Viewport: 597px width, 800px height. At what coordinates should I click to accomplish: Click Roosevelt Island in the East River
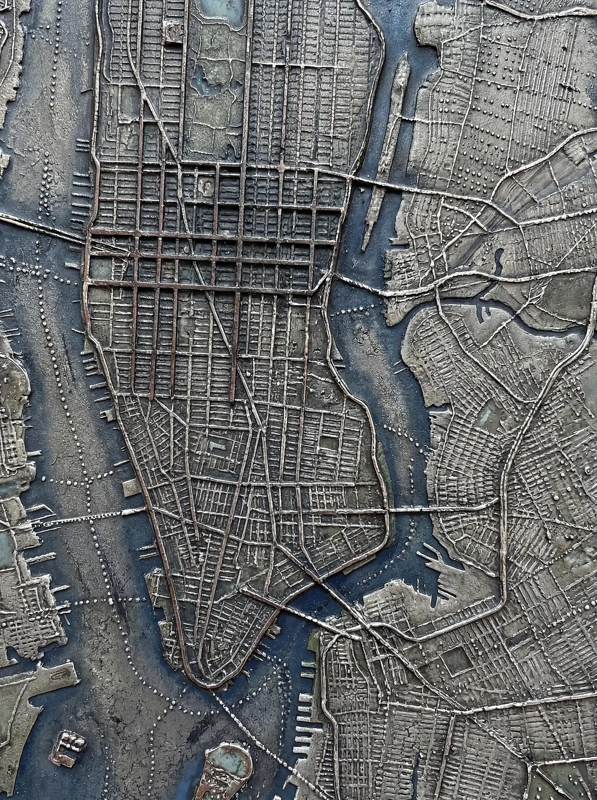(x=385, y=158)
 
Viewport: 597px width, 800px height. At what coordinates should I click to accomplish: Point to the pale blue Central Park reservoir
(x=221, y=10)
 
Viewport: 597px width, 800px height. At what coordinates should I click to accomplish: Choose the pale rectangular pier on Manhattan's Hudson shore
(x=129, y=486)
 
